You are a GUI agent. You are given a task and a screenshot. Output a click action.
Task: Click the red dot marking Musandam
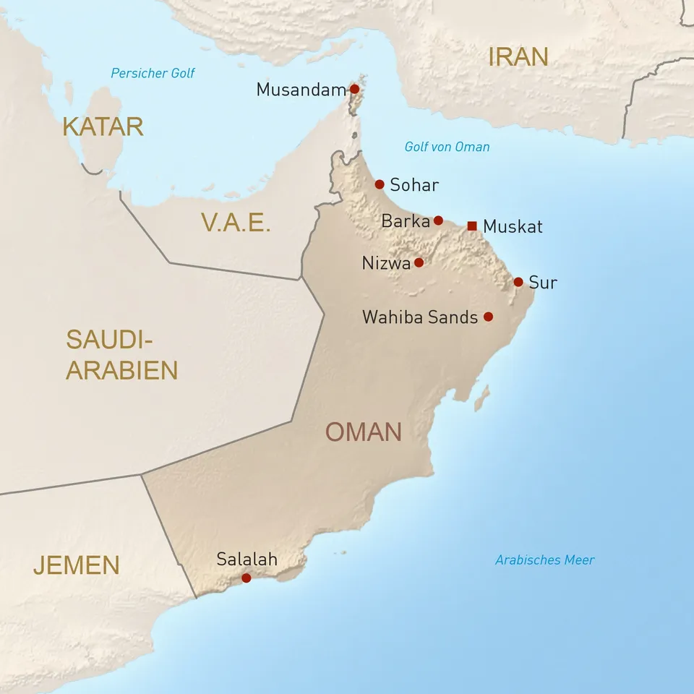click(354, 89)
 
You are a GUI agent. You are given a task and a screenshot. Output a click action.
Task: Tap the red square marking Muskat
click(472, 226)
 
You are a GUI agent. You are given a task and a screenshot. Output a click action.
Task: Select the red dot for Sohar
click(380, 184)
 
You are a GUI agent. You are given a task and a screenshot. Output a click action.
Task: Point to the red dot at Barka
click(438, 220)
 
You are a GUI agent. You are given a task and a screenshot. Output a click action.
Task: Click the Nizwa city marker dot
click(419, 262)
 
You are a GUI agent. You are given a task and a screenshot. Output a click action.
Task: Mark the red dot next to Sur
click(518, 282)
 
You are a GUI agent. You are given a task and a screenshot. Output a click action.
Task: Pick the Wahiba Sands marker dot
click(488, 317)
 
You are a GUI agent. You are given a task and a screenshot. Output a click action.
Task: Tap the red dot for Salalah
click(247, 578)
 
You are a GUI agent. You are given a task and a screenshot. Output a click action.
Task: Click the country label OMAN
click(363, 432)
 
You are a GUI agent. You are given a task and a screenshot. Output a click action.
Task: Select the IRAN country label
click(518, 56)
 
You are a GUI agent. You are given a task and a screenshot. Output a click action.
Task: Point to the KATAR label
click(103, 127)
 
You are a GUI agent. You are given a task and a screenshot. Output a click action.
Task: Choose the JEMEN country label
click(76, 565)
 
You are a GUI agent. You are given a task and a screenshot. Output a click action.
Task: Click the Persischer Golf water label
click(153, 73)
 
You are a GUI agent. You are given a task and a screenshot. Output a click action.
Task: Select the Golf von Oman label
click(447, 147)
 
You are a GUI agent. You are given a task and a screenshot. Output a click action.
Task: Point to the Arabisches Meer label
click(544, 560)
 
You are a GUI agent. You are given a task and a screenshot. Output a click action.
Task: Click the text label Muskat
click(513, 226)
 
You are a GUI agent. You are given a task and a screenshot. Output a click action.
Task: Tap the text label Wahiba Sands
click(419, 317)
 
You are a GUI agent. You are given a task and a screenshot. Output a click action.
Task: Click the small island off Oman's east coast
click(481, 398)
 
